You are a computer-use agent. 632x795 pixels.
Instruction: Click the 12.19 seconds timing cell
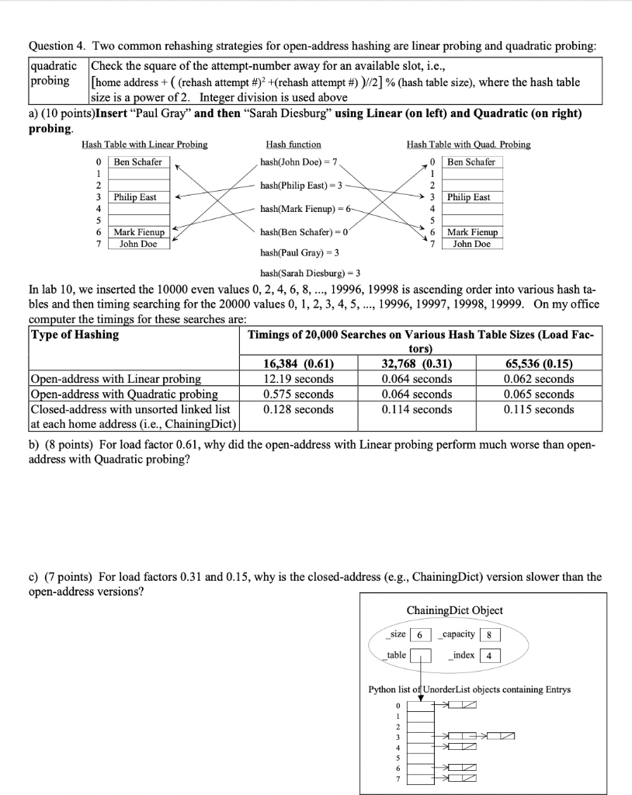[x=299, y=379]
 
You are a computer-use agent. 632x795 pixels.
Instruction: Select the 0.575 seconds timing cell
[x=299, y=394]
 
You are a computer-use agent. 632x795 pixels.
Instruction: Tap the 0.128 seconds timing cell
[x=299, y=409]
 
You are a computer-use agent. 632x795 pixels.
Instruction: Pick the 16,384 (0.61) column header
[x=299, y=363]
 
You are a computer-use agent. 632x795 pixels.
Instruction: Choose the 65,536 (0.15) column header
[x=539, y=363]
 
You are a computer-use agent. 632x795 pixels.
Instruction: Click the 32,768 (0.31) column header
[x=417, y=363]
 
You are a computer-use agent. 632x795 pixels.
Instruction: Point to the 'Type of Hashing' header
[x=75, y=335]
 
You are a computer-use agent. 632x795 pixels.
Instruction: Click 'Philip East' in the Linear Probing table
[x=135, y=197]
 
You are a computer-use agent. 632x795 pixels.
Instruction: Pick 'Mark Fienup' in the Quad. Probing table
[x=473, y=232]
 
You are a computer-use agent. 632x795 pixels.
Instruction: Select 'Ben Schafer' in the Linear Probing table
[x=138, y=161]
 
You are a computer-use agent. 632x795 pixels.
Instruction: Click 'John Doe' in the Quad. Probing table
[x=472, y=244]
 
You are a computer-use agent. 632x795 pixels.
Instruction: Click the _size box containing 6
[x=420, y=634]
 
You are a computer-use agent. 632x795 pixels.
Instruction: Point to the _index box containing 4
[x=488, y=656]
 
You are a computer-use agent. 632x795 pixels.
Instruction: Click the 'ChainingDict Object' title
[x=454, y=610]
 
